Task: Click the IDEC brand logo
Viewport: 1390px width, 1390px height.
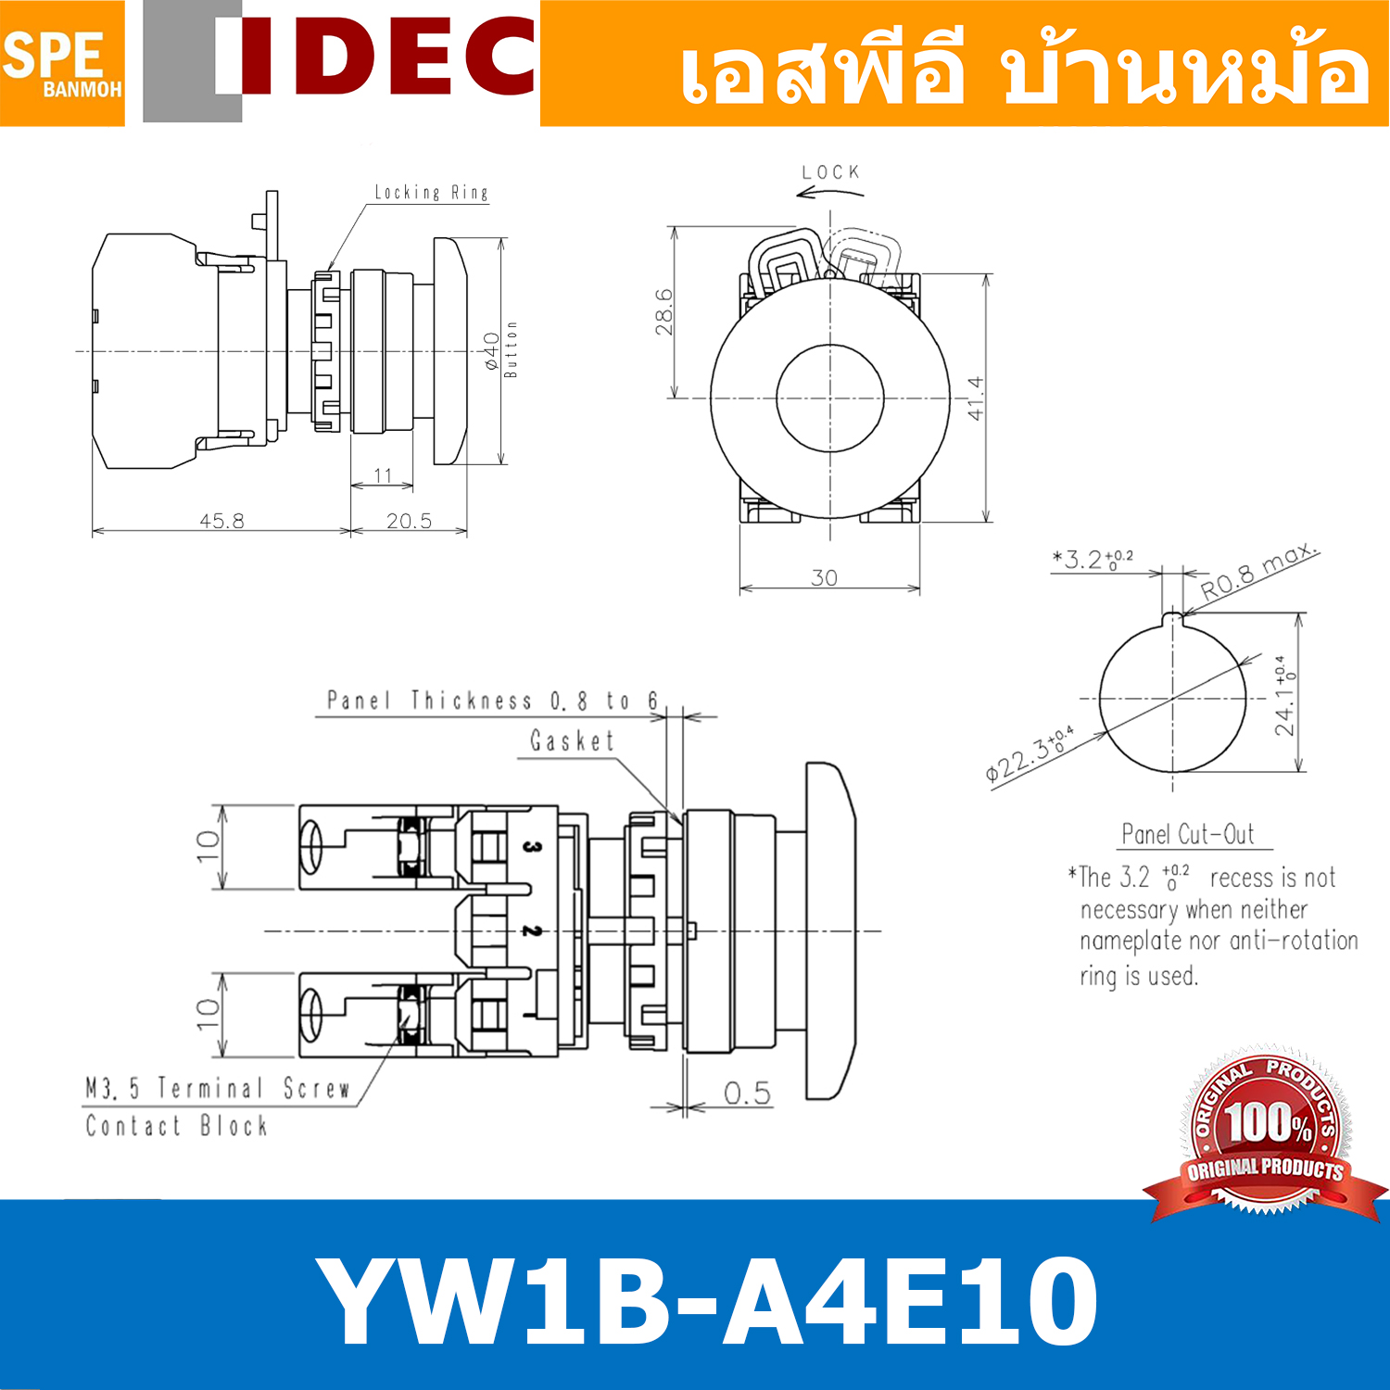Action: pos(375,57)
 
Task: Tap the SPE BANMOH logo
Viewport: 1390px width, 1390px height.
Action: pos(61,63)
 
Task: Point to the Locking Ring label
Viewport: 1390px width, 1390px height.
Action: pos(431,193)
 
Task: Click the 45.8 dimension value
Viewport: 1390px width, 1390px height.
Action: pos(222,521)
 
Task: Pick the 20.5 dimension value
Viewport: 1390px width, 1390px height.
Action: pos(409,521)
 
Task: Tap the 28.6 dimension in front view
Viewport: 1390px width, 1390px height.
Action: pos(663,311)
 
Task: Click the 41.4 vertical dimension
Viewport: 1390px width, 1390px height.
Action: pos(976,398)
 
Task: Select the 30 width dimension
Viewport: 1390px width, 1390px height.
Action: pos(824,578)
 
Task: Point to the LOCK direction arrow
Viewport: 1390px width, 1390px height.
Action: pos(829,193)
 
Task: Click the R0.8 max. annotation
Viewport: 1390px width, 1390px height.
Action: pos(1257,572)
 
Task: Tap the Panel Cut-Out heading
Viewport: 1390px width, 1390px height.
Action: pos(1188,835)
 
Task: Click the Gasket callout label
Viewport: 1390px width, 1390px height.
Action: pos(572,741)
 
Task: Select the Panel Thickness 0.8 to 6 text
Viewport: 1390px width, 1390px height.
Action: pos(492,701)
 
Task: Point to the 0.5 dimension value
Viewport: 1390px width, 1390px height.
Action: pos(747,1093)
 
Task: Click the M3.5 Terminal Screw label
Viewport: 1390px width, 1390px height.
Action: pos(218,1088)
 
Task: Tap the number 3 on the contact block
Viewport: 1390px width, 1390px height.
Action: pos(531,846)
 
